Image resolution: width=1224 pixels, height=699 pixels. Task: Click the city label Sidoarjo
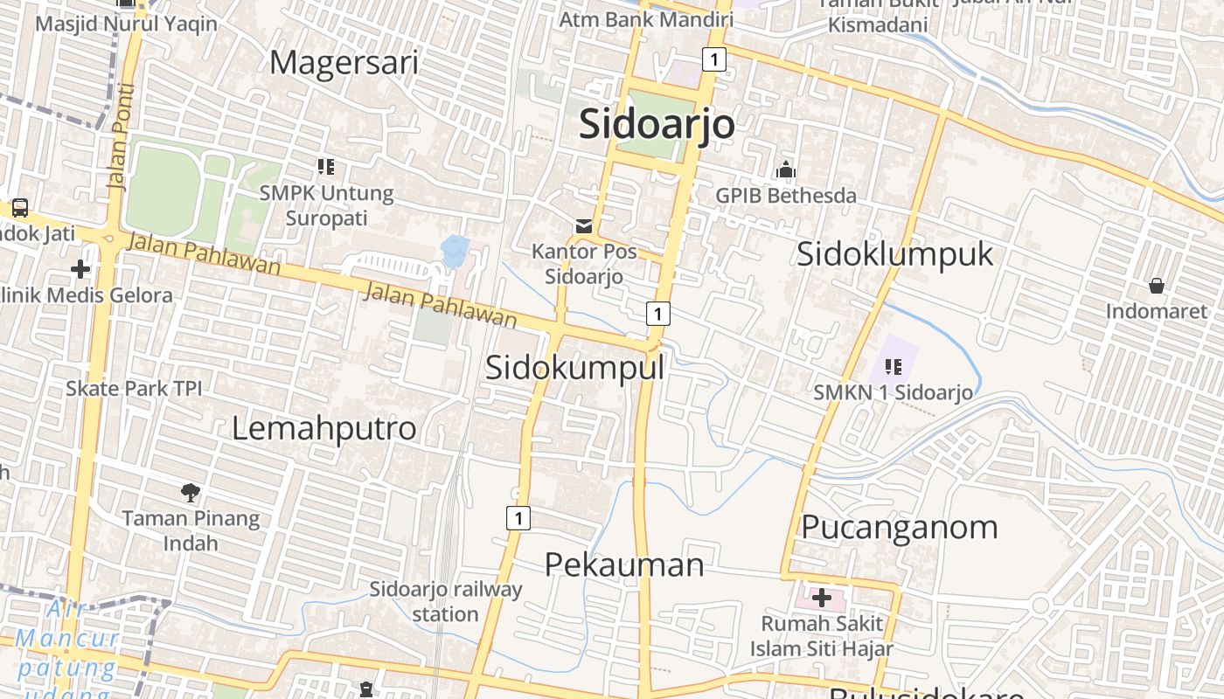pos(657,123)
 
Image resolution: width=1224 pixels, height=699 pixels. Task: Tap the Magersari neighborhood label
pos(344,63)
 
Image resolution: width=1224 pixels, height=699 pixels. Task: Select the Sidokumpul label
pos(574,367)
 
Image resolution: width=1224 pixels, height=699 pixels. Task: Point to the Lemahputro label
pos(323,428)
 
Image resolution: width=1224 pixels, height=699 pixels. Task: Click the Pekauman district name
pos(624,564)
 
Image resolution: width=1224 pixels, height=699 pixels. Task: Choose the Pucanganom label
pos(900,527)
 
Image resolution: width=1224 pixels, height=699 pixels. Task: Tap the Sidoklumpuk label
pos(895,253)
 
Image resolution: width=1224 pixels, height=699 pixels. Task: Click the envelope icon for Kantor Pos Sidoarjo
pos(583,227)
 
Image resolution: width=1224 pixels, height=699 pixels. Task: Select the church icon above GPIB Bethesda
pos(786,170)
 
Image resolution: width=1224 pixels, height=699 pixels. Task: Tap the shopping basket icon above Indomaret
pos(1156,286)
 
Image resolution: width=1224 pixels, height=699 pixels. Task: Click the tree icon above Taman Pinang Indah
pos(191,493)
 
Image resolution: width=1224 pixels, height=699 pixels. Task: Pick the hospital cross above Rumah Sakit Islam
pos(821,599)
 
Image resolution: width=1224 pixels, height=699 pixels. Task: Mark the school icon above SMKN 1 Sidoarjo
pos(893,366)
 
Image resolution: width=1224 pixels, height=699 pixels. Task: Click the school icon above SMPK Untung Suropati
pos(326,166)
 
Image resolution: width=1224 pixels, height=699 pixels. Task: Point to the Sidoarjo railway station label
pos(445,601)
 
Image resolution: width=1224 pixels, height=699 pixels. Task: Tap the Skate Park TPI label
pos(134,388)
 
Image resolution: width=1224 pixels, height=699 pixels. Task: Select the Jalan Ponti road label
pos(121,137)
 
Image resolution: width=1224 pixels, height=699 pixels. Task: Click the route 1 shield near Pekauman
pos(518,518)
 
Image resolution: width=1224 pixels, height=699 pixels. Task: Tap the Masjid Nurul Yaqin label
pos(126,24)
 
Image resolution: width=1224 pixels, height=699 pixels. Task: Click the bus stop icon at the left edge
pos(19,208)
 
